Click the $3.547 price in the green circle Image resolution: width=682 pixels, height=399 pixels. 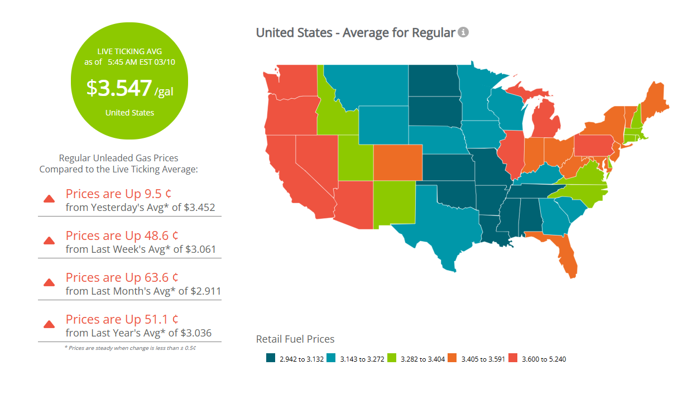pyautogui.click(x=119, y=88)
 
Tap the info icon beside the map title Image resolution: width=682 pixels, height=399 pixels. pyautogui.click(x=463, y=32)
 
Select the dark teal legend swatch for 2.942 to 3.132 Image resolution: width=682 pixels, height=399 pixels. pyautogui.click(x=271, y=359)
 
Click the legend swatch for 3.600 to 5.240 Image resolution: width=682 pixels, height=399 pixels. pyautogui.click(x=512, y=359)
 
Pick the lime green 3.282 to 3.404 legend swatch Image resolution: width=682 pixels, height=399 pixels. pyautogui.click(x=392, y=359)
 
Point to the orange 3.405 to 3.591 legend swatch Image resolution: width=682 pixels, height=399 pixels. pyautogui.click(x=452, y=359)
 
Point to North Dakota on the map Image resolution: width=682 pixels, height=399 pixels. pyautogui.click(x=433, y=81)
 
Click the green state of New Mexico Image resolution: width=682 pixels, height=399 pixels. pyautogui.click(x=394, y=204)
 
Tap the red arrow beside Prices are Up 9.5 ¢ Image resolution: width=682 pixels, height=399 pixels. pyautogui.click(x=49, y=199)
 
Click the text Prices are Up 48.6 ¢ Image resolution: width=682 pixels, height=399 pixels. pyautogui.click(x=122, y=235)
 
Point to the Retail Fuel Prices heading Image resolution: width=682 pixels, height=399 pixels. pyautogui.click(x=295, y=339)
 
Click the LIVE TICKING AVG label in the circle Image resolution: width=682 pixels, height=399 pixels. pyautogui.click(x=129, y=51)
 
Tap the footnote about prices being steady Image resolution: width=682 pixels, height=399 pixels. pyautogui.click(x=129, y=348)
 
